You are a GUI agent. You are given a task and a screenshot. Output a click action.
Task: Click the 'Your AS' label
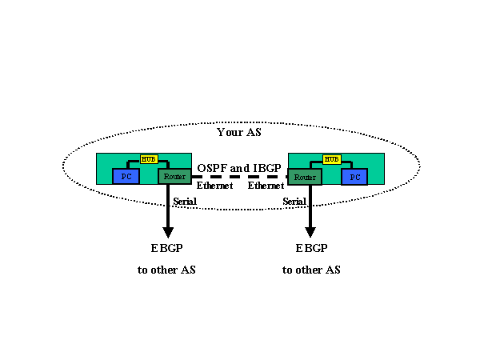point(239,132)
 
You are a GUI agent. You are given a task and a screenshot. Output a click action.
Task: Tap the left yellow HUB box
point(149,159)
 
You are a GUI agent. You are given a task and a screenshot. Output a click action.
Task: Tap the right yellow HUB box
point(330,159)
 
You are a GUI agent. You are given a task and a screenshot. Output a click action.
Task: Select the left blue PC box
point(125,176)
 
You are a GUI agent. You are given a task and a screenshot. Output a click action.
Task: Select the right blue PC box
point(354,176)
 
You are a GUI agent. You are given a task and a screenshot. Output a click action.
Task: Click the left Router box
point(174,176)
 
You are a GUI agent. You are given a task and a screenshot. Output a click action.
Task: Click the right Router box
point(304,176)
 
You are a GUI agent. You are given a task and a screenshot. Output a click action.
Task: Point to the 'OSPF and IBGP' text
point(239,168)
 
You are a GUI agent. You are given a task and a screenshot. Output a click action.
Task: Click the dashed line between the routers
point(239,177)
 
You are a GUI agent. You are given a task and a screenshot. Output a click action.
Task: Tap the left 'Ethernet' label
point(214,186)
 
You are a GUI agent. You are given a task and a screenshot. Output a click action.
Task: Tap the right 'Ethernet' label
point(266,186)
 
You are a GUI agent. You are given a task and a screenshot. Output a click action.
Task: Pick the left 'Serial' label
point(185,201)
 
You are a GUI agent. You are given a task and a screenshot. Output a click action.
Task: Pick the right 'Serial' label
point(294,201)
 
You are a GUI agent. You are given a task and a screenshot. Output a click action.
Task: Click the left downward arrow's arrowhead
point(167,230)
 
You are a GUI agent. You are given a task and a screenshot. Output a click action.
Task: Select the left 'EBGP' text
point(166,248)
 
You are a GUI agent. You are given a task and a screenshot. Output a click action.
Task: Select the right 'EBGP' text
point(311,248)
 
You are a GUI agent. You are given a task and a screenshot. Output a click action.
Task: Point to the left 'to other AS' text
point(166,270)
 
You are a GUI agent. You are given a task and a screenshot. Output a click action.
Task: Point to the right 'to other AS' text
point(311,270)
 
